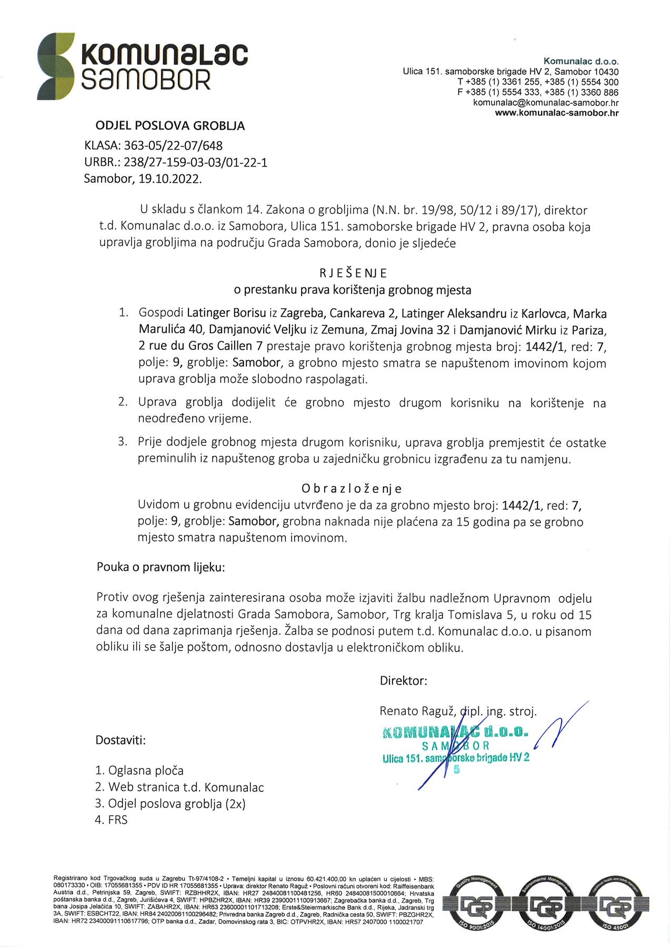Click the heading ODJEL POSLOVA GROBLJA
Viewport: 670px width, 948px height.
[x=170, y=126]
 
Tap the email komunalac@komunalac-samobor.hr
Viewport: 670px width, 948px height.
[x=546, y=102]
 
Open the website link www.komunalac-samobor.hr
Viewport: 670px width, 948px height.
[x=557, y=112]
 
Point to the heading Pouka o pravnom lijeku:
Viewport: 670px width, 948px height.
[x=161, y=568]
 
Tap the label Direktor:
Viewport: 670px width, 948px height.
[x=403, y=680]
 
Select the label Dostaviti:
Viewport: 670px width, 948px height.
[x=121, y=740]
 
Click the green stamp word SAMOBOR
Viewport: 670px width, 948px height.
[x=456, y=746]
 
